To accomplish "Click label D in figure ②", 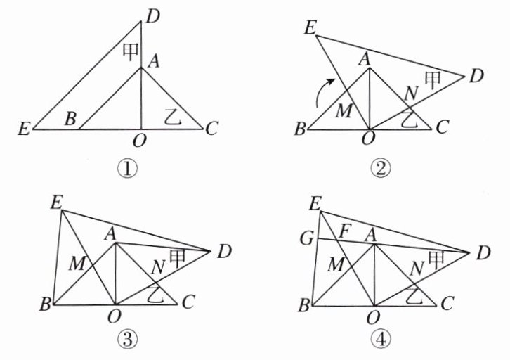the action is [476, 75].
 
